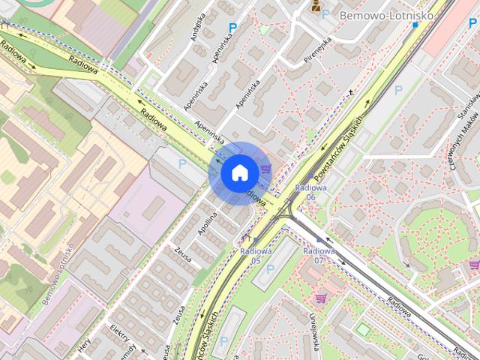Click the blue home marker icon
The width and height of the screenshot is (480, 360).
click(238, 172)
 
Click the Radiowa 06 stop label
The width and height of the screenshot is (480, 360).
click(310, 191)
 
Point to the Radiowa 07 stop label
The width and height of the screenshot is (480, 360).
click(319, 255)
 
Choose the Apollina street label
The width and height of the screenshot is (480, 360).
click(206, 226)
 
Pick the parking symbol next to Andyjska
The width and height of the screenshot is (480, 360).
click(232, 27)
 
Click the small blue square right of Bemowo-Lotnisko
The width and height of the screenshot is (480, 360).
click(415, 25)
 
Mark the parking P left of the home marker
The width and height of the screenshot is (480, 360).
click(181, 162)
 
